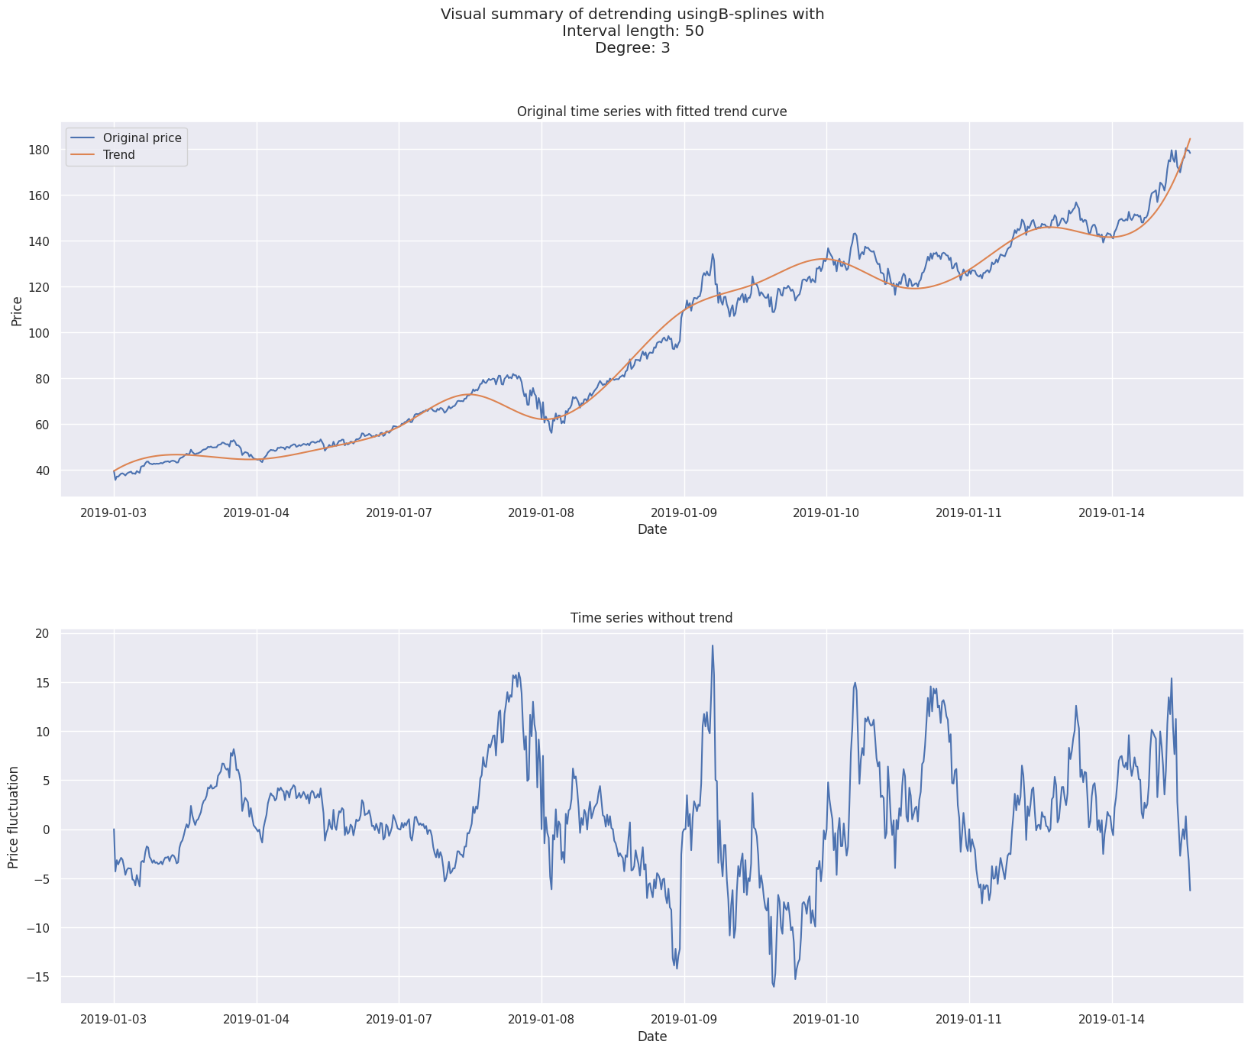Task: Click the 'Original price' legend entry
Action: (142, 138)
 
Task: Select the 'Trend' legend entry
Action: (119, 155)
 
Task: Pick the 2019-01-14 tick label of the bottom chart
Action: (1112, 1020)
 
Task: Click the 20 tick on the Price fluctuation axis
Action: (41, 633)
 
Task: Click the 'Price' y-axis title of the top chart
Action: (17, 309)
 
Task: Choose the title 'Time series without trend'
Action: (651, 618)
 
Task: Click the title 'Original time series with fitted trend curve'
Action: (651, 112)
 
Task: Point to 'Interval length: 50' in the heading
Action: (632, 31)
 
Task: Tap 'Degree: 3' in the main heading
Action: (632, 48)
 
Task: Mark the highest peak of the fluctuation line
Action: (713, 645)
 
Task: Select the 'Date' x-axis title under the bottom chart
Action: (651, 1036)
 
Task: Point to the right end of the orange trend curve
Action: (1190, 139)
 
